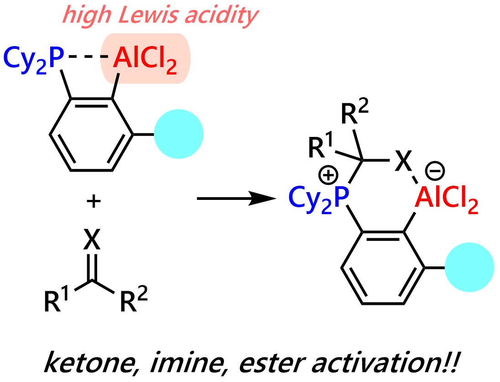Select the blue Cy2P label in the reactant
coord(35,59)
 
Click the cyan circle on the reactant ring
coord(178,134)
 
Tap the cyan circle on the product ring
coord(470,267)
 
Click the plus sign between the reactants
coord(93,201)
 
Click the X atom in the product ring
coord(402,162)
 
